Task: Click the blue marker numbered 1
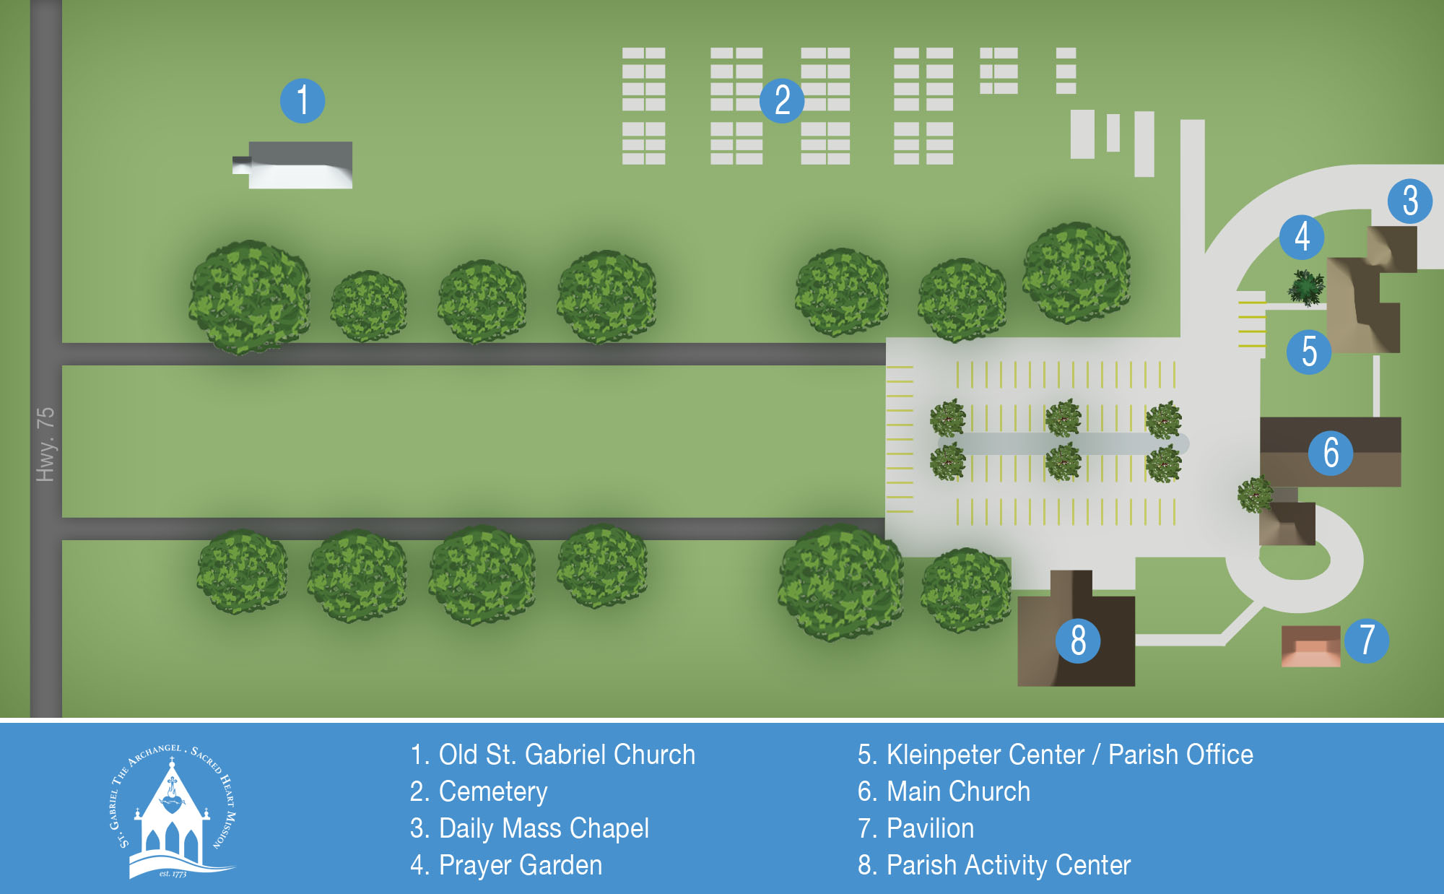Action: tap(303, 100)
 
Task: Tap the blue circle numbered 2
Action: tap(782, 100)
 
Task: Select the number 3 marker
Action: tap(1410, 201)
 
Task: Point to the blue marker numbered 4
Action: tap(1302, 236)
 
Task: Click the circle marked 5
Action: tap(1309, 352)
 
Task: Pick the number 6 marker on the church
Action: tap(1331, 453)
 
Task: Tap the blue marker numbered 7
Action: tap(1367, 641)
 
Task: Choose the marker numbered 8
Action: tap(1078, 641)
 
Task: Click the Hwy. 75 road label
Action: tap(45, 444)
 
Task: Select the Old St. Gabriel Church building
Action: tap(300, 165)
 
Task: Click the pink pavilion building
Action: tap(1310, 646)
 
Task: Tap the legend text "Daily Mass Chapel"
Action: tap(529, 828)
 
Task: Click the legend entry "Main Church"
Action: tap(944, 791)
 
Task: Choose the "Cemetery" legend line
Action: tap(479, 791)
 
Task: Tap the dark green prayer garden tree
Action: tap(1306, 287)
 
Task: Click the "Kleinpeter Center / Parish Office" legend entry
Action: tap(1055, 755)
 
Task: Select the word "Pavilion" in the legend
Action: tap(930, 828)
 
